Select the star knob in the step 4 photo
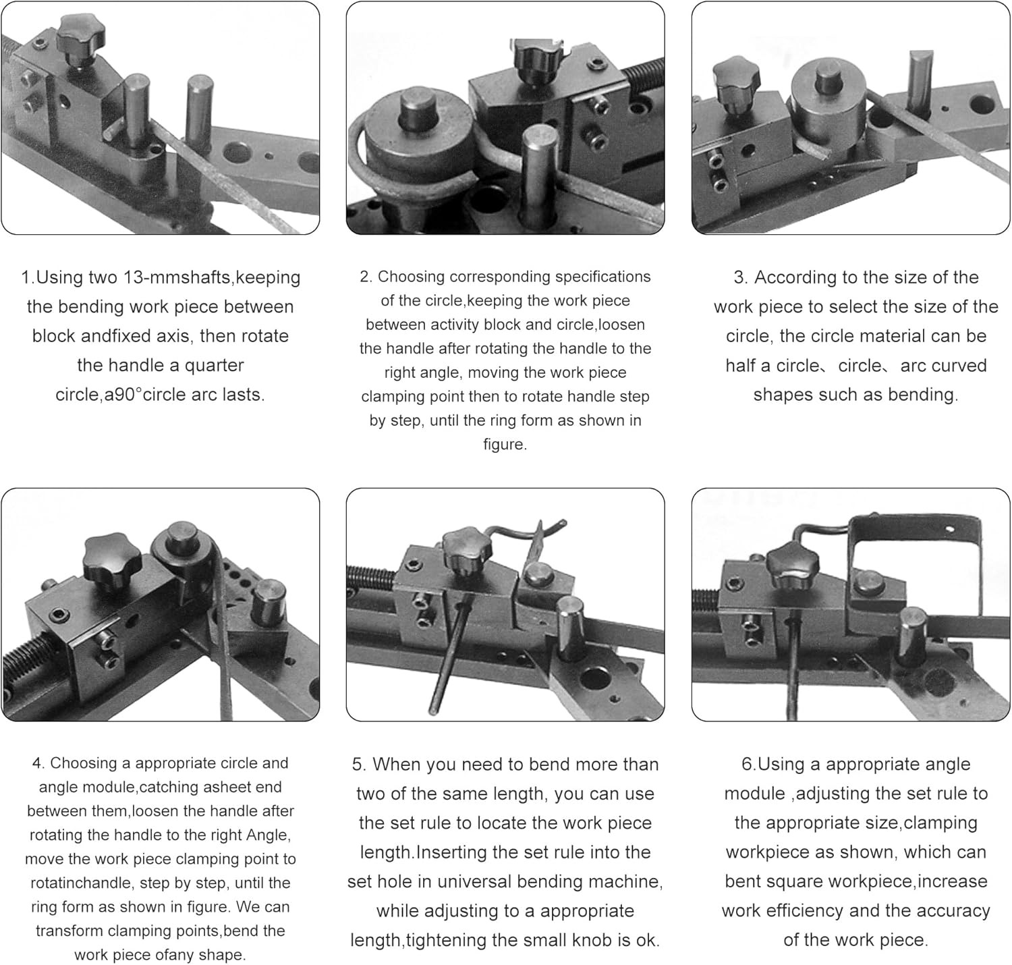pos(112,560)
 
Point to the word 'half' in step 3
pos(741,366)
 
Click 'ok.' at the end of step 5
pos(648,940)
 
